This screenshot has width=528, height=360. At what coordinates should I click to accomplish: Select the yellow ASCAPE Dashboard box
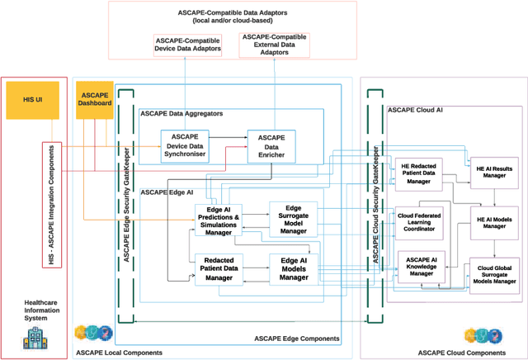[x=93, y=98]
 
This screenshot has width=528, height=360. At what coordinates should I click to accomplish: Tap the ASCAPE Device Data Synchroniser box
[x=190, y=144]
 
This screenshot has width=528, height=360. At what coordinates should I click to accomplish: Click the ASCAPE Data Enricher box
[x=271, y=144]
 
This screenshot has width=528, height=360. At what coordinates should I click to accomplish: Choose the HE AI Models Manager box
[x=494, y=223]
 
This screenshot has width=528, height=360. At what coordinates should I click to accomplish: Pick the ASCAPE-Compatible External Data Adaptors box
[x=274, y=45]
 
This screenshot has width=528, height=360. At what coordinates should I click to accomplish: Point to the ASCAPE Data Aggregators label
[x=180, y=113]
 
